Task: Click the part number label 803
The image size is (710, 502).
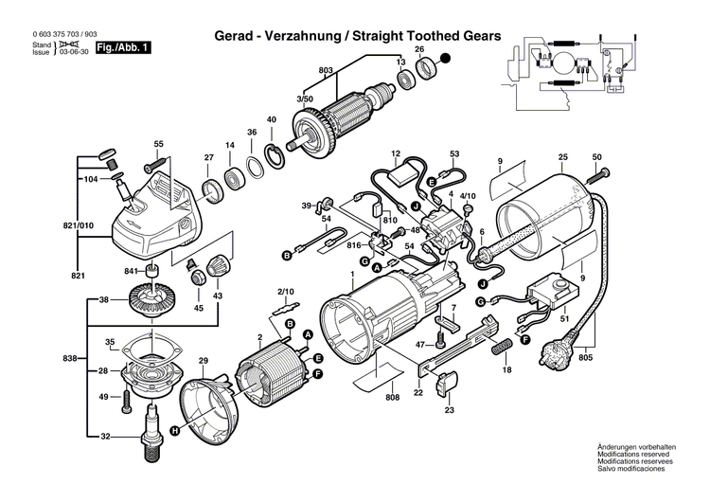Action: (326, 71)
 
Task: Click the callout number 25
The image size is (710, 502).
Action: (562, 155)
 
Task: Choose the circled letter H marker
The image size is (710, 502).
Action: (174, 430)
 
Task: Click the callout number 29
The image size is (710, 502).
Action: (202, 362)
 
